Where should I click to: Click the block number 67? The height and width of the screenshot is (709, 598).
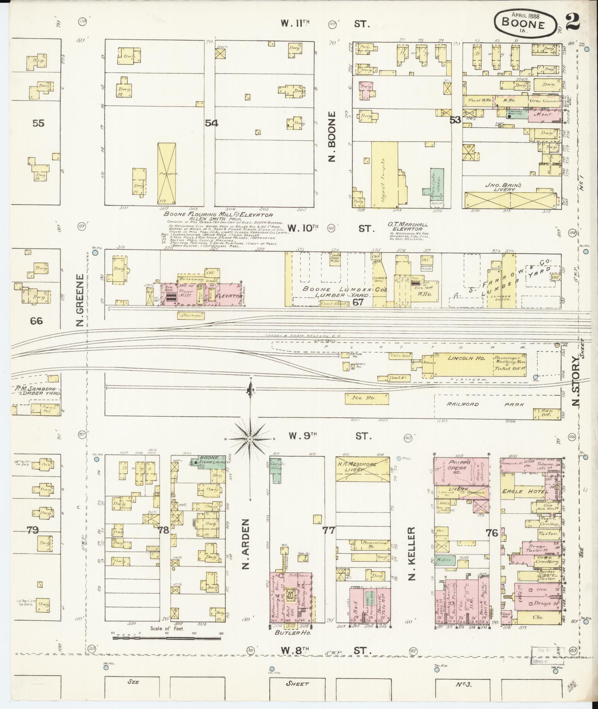(358, 302)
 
